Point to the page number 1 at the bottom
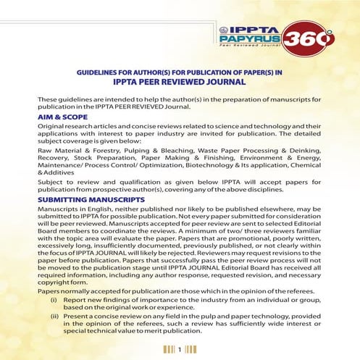(179, 348)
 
